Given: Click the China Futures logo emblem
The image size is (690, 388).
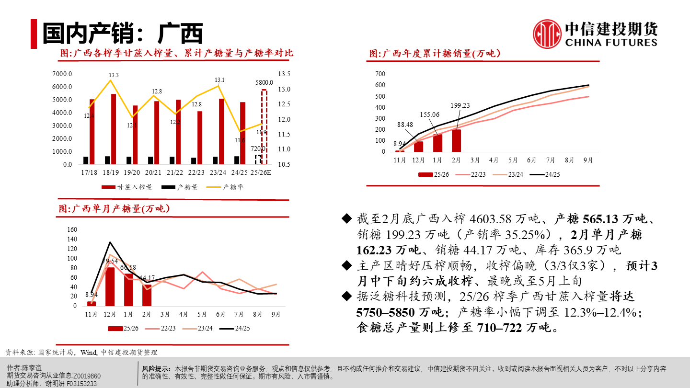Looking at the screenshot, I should coord(547,34).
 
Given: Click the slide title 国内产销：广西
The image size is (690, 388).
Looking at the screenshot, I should coord(122,34).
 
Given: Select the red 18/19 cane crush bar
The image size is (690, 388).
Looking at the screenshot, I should coord(113,128).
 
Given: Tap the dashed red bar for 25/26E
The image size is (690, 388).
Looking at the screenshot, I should coord(264,126).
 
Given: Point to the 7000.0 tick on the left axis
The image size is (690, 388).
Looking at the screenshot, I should coord(62,74).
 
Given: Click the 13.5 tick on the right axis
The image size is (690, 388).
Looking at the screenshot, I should coord(284,74).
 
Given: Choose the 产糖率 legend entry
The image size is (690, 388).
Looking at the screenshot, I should coord(227,187).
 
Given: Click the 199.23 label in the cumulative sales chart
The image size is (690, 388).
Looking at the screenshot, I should coord(460,106).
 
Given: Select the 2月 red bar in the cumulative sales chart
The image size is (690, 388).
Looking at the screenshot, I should coord(456,140).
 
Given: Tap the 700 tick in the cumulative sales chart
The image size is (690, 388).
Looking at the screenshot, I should coord(380,74).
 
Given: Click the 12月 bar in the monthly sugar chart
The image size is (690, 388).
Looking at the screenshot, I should coord(110,286).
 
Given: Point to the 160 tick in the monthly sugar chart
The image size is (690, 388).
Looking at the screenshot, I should coord(72,229).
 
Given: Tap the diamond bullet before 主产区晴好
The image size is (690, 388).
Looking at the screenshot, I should coord(346,265).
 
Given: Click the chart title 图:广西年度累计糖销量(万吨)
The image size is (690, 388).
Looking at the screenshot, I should coord(435,54).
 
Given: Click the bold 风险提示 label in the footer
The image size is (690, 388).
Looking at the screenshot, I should coord(156,369).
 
